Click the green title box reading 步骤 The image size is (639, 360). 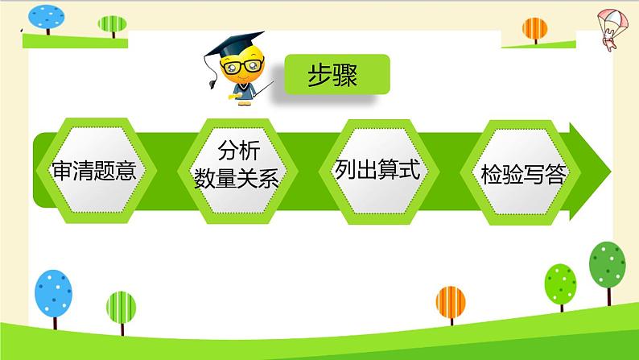coord(337,74)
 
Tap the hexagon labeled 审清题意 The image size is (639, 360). coord(97,171)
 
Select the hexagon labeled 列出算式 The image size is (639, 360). coord(378,172)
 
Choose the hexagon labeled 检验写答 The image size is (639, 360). coord(521,172)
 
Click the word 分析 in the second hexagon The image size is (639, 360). coord(239,151)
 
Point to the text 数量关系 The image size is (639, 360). coord(237,178)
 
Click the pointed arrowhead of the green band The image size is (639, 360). coord(590,172)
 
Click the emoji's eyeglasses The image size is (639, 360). coord(242,66)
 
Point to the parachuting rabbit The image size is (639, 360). coord(612,29)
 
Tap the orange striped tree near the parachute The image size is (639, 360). coord(535,30)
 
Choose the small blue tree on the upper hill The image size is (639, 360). coord(47,19)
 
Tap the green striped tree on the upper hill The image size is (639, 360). coord(113,26)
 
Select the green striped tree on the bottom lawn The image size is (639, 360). coord(121,312)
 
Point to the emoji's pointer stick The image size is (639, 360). coord(264,89)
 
